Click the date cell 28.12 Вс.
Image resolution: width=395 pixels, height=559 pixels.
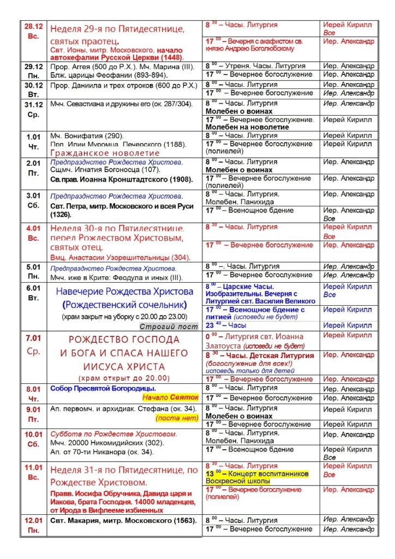pyautogui.click(x=34, y=31)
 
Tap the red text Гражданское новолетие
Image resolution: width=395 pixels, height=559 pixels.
pyautogui.click(x=105, y=153)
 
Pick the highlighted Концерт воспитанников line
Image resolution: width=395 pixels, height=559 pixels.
pyautogui.click(x=257, y=474)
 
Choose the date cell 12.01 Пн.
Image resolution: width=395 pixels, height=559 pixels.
pyautogui.click(x=34, y=524)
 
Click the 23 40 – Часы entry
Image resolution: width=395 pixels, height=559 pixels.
pyautogui.click(x=226, y=325)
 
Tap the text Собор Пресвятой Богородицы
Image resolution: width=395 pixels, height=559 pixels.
pyautogui.click(x=99, y=389)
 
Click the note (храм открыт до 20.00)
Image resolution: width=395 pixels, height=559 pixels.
pyautogui.click(x=124, y=378)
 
